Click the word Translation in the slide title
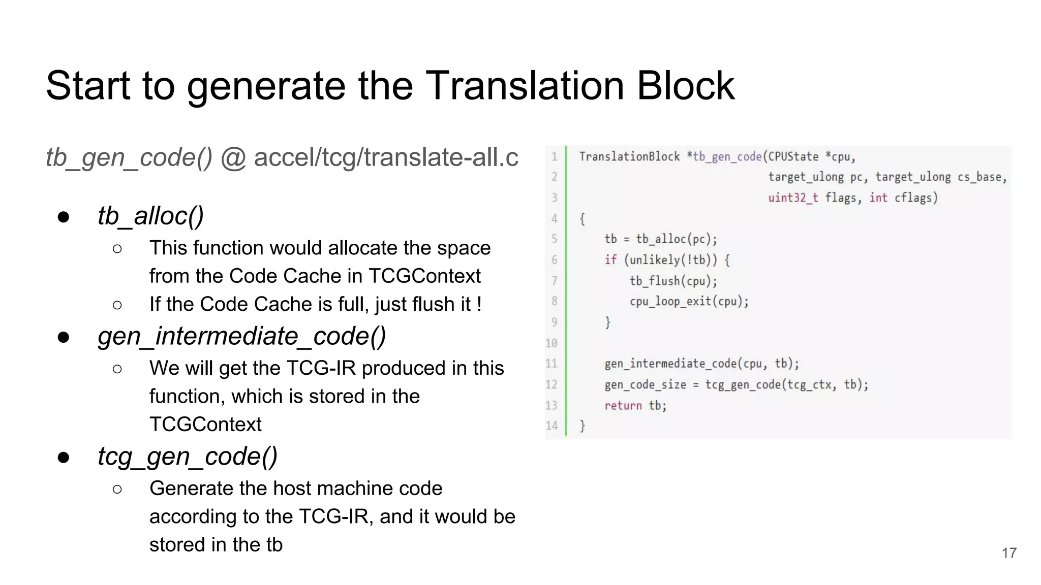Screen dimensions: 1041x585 tap(525, 85)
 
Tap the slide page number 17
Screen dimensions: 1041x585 tap(1009, 553)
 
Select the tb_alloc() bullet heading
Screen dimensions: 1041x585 tap(150, 216)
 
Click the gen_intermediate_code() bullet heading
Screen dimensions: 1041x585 tap(241, 336)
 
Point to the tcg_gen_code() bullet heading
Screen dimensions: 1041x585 tap(188, 456)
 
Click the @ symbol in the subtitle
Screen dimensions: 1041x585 tap(233, 157)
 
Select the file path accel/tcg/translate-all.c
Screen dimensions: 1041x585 tap(386, 157)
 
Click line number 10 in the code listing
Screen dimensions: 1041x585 tap(552, 343)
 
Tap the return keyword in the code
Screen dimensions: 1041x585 tap(623, 405)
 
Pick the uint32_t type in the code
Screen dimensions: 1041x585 tap(793, 198)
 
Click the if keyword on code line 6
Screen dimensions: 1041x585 tap(610, 260)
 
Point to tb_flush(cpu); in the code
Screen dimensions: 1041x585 tap(673, 281)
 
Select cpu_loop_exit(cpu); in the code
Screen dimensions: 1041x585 tap(689, 302)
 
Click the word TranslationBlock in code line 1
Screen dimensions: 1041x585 tap(629, 156)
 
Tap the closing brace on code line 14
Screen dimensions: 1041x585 tap(583, 426)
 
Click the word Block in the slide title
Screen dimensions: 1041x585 tap(685, 85)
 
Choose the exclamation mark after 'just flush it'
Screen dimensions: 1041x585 tap(479, 304)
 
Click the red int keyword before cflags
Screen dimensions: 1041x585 tap(878, 198)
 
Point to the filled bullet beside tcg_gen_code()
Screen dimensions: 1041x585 tap(64, 457)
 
